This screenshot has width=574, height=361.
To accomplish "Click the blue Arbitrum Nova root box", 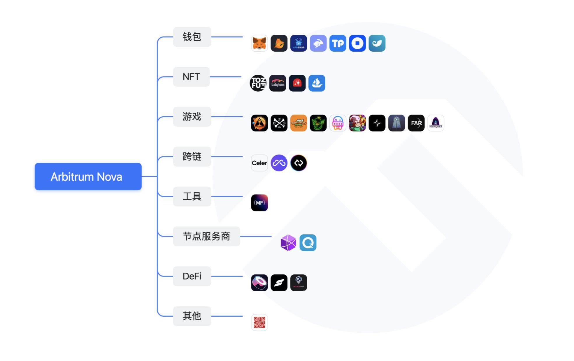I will click(x=88, y=176).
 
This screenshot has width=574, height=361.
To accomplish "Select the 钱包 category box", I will click(x=192, y=37).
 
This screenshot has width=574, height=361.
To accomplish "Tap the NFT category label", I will click(x=191, y=77).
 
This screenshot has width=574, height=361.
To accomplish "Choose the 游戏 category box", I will click(x=192, y=117).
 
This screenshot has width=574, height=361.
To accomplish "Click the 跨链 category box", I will click(x=192, y=157).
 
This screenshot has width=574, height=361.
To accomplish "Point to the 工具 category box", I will click(x=192, y=196).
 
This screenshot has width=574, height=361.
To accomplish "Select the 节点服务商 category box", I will click(x=206, y=236).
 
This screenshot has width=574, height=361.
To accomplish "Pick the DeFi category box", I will click(x=192, y=276).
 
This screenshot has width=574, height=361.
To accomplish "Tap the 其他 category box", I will click(x=192, y=316).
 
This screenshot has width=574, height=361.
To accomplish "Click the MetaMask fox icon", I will click(x=259, y=43).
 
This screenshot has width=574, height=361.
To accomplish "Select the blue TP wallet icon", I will click(x=338, y=43).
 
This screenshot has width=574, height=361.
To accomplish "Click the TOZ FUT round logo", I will click(x=258, y=83).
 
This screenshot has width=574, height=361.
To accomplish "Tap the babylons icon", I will click(x=278, y=83).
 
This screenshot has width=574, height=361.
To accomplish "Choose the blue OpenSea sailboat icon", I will click(x=317, y=83).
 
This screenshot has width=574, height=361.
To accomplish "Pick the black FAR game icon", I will click(x=416, y=123).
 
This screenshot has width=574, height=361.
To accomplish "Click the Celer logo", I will click(x=259, y=163).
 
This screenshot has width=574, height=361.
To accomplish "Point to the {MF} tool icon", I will click(x=259, y=203).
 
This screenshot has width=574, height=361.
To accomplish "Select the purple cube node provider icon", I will click(x=288, y=243).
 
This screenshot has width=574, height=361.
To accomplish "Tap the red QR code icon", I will click(x=259, y=323).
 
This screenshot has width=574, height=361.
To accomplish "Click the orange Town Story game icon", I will click(x=299, y=123).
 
